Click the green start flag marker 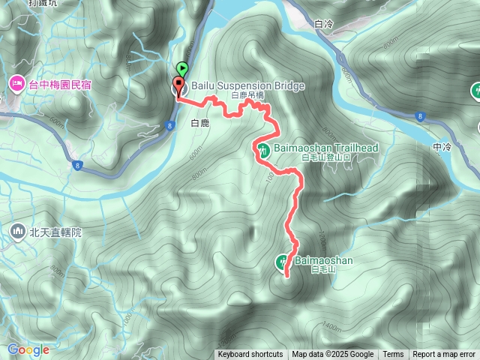[181, 69]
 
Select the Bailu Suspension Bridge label [247, 85]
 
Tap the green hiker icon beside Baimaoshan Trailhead [264, 148]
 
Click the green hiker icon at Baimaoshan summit [282, 262]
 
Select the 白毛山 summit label [321, 270]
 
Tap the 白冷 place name [324, 25]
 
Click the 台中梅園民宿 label [60, 85]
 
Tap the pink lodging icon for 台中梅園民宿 [16, 84]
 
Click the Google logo [28, 349]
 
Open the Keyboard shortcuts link [250, 355]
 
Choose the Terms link [393, 355]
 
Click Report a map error [444, 355]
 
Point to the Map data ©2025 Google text [333, 355]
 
